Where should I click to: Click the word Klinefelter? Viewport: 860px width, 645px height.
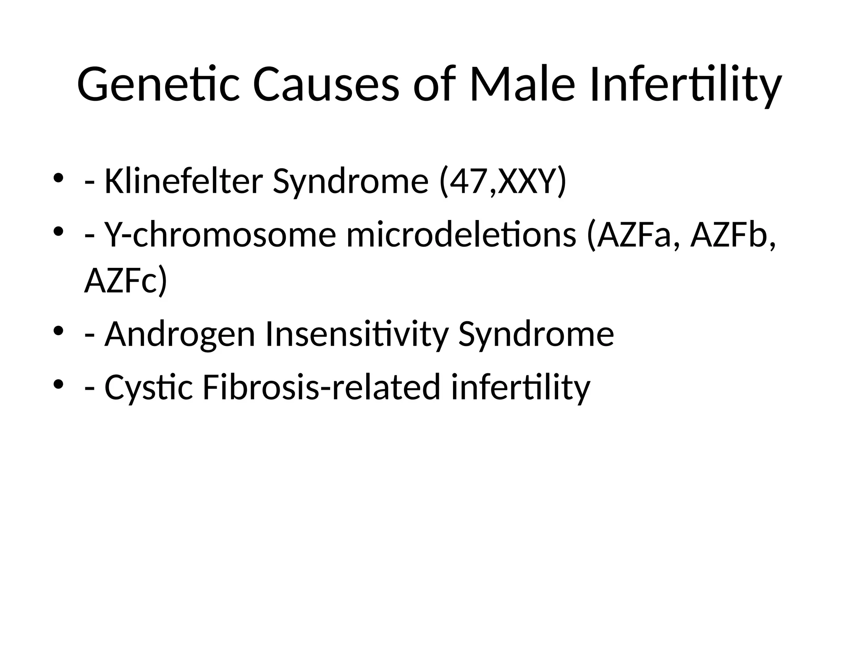click(184, 181)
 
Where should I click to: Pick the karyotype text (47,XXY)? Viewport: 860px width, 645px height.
click(502, 181)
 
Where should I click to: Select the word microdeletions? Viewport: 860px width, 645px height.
click(461, 235)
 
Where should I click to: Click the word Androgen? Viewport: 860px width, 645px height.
click(180, 334)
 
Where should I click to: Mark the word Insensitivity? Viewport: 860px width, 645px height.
click(357, 334)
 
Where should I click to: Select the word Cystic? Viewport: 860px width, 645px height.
click(149, 388)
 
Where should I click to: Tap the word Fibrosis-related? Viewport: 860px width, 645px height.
click(321, 387)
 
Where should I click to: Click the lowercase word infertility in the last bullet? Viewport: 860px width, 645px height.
click(521, 388)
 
